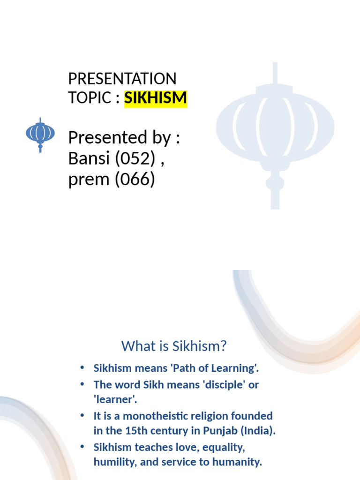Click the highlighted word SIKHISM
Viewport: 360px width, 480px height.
tap(155, 98)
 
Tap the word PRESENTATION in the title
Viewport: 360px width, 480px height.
tap(122, 78)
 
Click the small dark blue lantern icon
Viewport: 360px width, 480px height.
tap(40, 134)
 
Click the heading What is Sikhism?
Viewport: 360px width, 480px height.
tap(174, 346)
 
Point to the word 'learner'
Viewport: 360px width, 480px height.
tap(114, 400)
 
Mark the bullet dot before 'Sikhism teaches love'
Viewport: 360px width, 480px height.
tap(83, 446)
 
